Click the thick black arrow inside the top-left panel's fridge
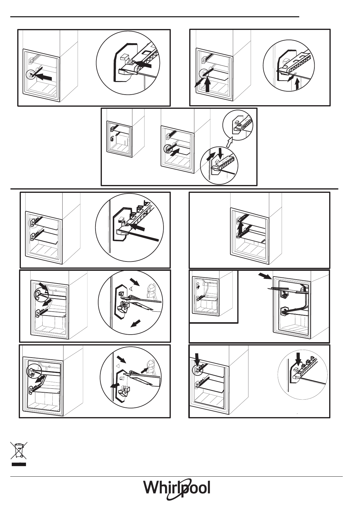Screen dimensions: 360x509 (x=43, y=77)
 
